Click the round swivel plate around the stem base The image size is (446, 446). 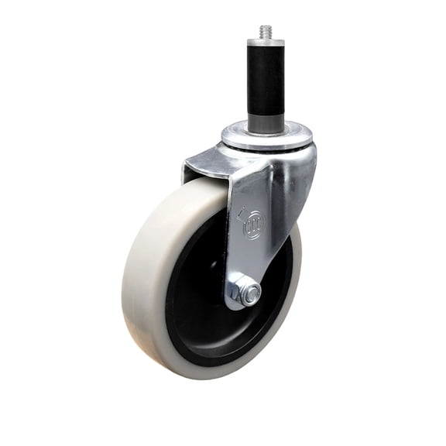click(x=267, y=139)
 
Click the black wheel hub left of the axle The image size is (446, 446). click(x=197, y=286)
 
